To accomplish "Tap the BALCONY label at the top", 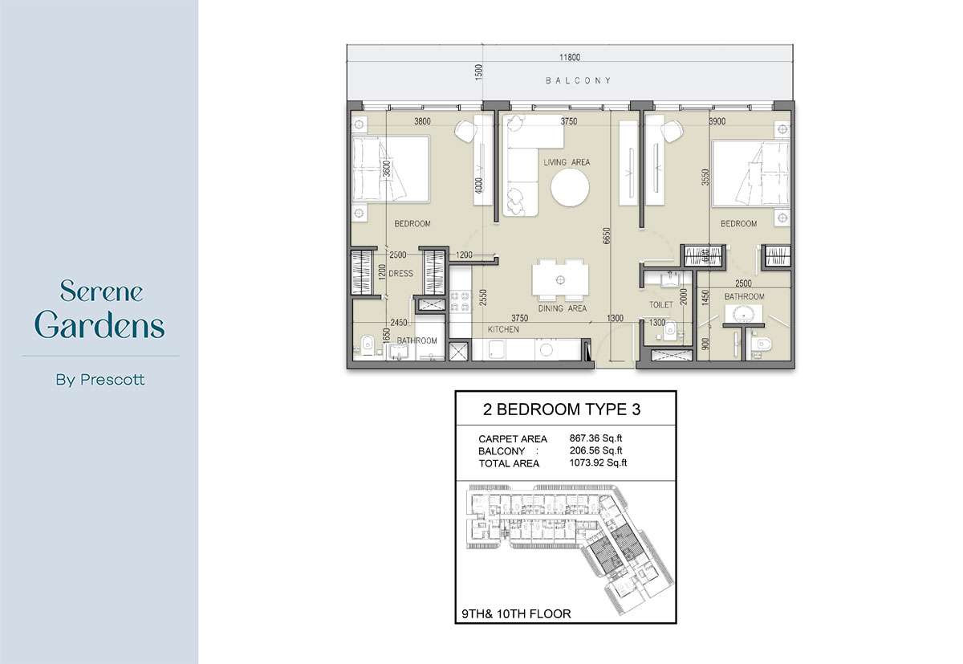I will tap(579, 80).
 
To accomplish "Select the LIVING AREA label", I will tap(567, 162).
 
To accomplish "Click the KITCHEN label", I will tap(504, 329).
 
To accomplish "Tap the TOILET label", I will tap(661, 305).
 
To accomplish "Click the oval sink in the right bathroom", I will tap(745, 314).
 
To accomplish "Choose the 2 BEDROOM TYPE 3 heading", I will tap(562, 409).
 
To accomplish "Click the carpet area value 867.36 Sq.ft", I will tap(596, 438).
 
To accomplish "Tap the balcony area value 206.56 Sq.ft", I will tap(596, 450).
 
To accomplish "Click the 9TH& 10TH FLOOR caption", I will tap(516, 614).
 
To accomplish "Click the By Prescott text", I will tap(100, 380).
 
